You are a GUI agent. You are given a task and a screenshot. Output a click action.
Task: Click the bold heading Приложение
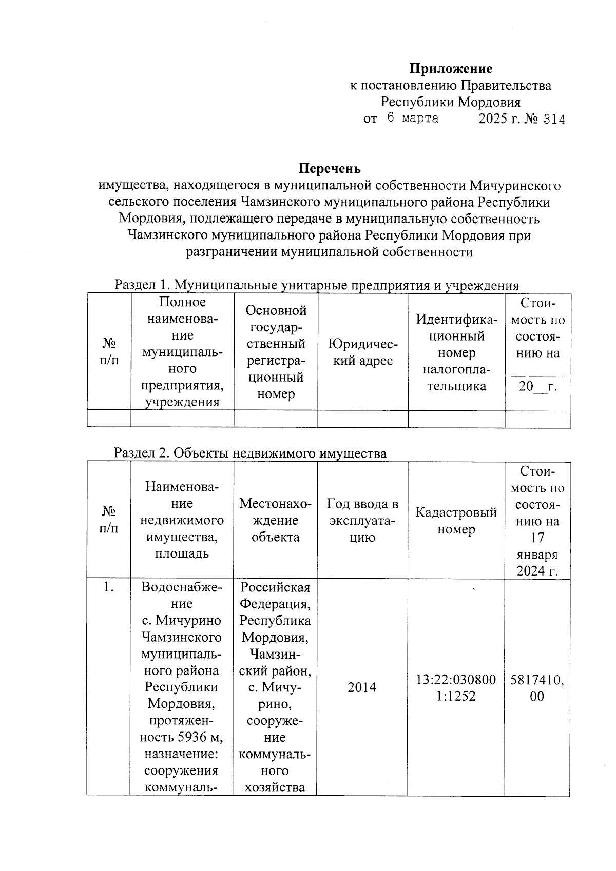[x=451, y=68]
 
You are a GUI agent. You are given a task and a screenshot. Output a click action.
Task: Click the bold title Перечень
[x=330, y=168]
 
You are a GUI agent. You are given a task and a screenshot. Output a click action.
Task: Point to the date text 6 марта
[x=413, y=118]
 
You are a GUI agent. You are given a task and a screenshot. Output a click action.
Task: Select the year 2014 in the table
[x=362, y=687]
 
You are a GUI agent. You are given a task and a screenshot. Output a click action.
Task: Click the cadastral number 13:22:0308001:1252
[x=456, y=687]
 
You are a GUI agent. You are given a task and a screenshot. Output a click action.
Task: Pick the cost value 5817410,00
[x=537, y=688]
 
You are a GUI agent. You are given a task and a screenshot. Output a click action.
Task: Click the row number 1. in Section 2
[x=108, y=588]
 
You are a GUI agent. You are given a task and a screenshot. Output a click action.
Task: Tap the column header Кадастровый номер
[x=456, y=521]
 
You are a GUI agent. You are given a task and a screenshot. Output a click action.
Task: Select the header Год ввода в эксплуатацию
[x=362, y=521]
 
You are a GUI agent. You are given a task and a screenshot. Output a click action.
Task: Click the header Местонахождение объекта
[x=275, y=521]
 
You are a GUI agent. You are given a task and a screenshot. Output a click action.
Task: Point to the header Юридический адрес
[x=362, y=352]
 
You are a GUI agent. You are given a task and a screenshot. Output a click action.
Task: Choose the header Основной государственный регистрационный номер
[x=276, y=352]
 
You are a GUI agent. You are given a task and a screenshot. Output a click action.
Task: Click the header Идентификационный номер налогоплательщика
[x=456, y=352]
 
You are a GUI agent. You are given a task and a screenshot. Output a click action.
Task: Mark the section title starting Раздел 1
[x=316, y=285]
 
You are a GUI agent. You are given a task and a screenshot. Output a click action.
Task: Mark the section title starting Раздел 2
[x=250, y=453]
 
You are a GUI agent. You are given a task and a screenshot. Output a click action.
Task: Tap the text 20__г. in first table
[x=537, y=386]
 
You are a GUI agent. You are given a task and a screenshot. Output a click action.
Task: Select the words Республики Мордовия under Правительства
[x=450, y=102]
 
